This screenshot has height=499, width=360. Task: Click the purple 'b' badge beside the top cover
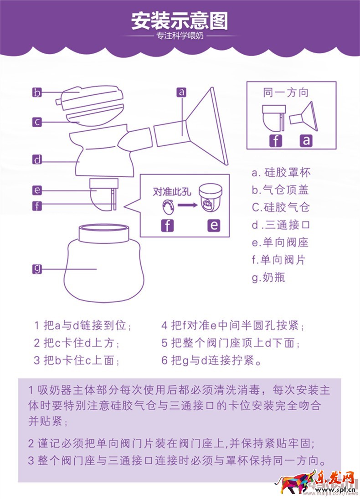[37, 93]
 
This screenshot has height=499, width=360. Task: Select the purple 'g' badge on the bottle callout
[37, 269]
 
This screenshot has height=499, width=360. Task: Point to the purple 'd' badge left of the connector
[37, 160]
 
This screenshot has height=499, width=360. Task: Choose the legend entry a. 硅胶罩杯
[281, 173]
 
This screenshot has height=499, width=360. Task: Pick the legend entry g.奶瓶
[268, 277]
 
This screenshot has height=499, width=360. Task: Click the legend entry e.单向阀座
[280, 242]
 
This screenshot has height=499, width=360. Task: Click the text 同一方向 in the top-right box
[286, 93]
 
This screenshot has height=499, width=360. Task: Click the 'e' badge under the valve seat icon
[213, 225]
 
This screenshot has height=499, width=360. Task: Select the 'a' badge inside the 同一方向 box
[306, 140]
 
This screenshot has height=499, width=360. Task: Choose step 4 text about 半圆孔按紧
[232, 326]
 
